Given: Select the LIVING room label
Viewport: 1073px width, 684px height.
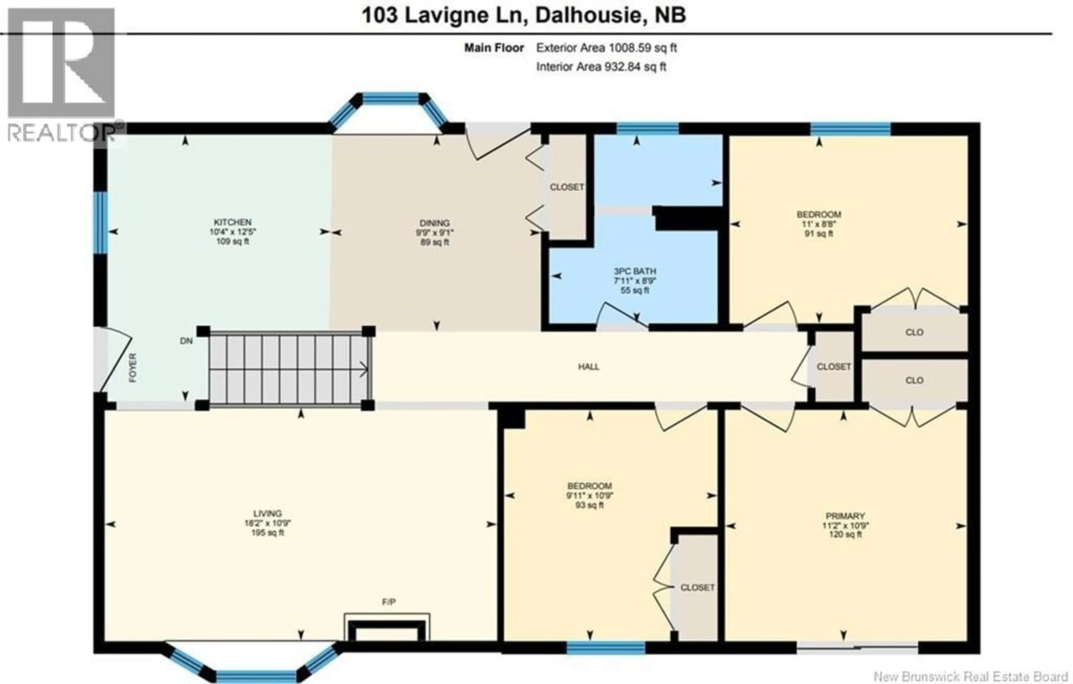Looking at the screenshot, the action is tap(267, 513).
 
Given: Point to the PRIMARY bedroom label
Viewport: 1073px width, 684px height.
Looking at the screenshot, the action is tap(845, 516).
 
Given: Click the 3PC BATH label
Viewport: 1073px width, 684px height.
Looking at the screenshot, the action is tap(635, 271).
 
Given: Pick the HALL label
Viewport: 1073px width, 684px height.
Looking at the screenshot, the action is tap(589, 366).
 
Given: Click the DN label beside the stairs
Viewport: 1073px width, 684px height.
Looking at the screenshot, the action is tap(186, 341).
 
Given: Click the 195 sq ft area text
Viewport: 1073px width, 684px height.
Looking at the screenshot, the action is tap(267, 533).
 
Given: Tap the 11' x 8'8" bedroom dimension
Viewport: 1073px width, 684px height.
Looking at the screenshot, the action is tap(818, 224).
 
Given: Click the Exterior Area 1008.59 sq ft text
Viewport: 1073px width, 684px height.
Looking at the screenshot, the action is tap(606, 48).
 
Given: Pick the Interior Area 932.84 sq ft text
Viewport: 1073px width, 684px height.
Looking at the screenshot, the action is tap(601, 67).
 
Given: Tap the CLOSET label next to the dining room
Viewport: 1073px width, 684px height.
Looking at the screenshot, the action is tap(567, 187).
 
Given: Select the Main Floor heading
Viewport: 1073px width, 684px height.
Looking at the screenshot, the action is tap(494, 48).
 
